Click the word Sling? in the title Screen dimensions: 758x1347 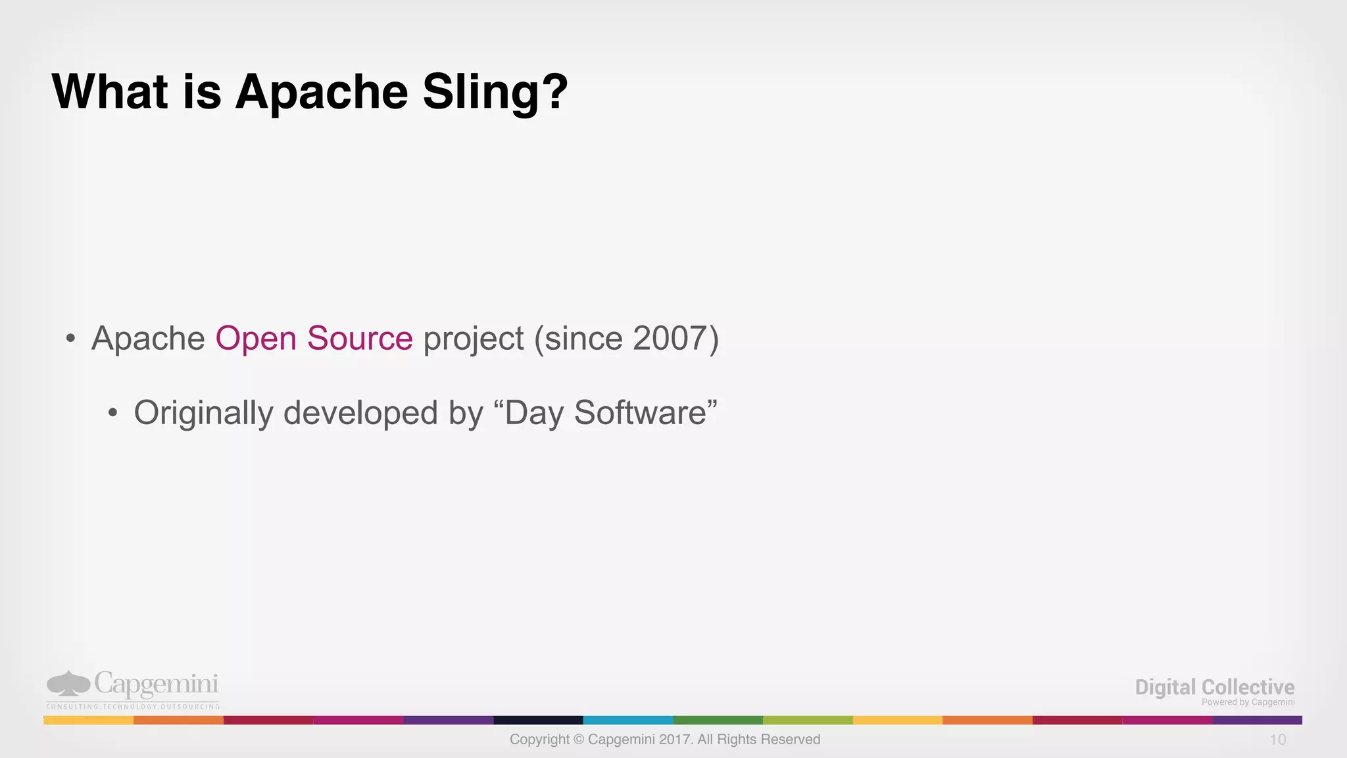coord(495,92)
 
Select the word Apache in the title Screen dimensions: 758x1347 coord(322,92)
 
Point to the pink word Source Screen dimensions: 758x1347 coord(360,339)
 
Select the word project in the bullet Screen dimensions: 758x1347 coord(474,340)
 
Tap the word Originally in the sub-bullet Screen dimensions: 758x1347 coord(203,414)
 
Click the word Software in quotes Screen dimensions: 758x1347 coord(640,413)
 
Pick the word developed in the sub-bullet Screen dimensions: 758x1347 coord(360,414)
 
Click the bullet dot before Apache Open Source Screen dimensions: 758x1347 coord(70,339)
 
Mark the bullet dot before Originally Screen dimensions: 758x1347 coord(113,414)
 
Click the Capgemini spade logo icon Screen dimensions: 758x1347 coord(68,684)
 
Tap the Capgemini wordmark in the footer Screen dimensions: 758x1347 coord(156,684)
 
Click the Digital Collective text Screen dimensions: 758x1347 coord(1214,687)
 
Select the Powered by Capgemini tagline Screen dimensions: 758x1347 coord(1248,702)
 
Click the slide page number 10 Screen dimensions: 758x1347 coord(1277,740)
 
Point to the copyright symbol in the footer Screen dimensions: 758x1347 coord(579,740)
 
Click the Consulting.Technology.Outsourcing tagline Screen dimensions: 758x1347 coord(133,707)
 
